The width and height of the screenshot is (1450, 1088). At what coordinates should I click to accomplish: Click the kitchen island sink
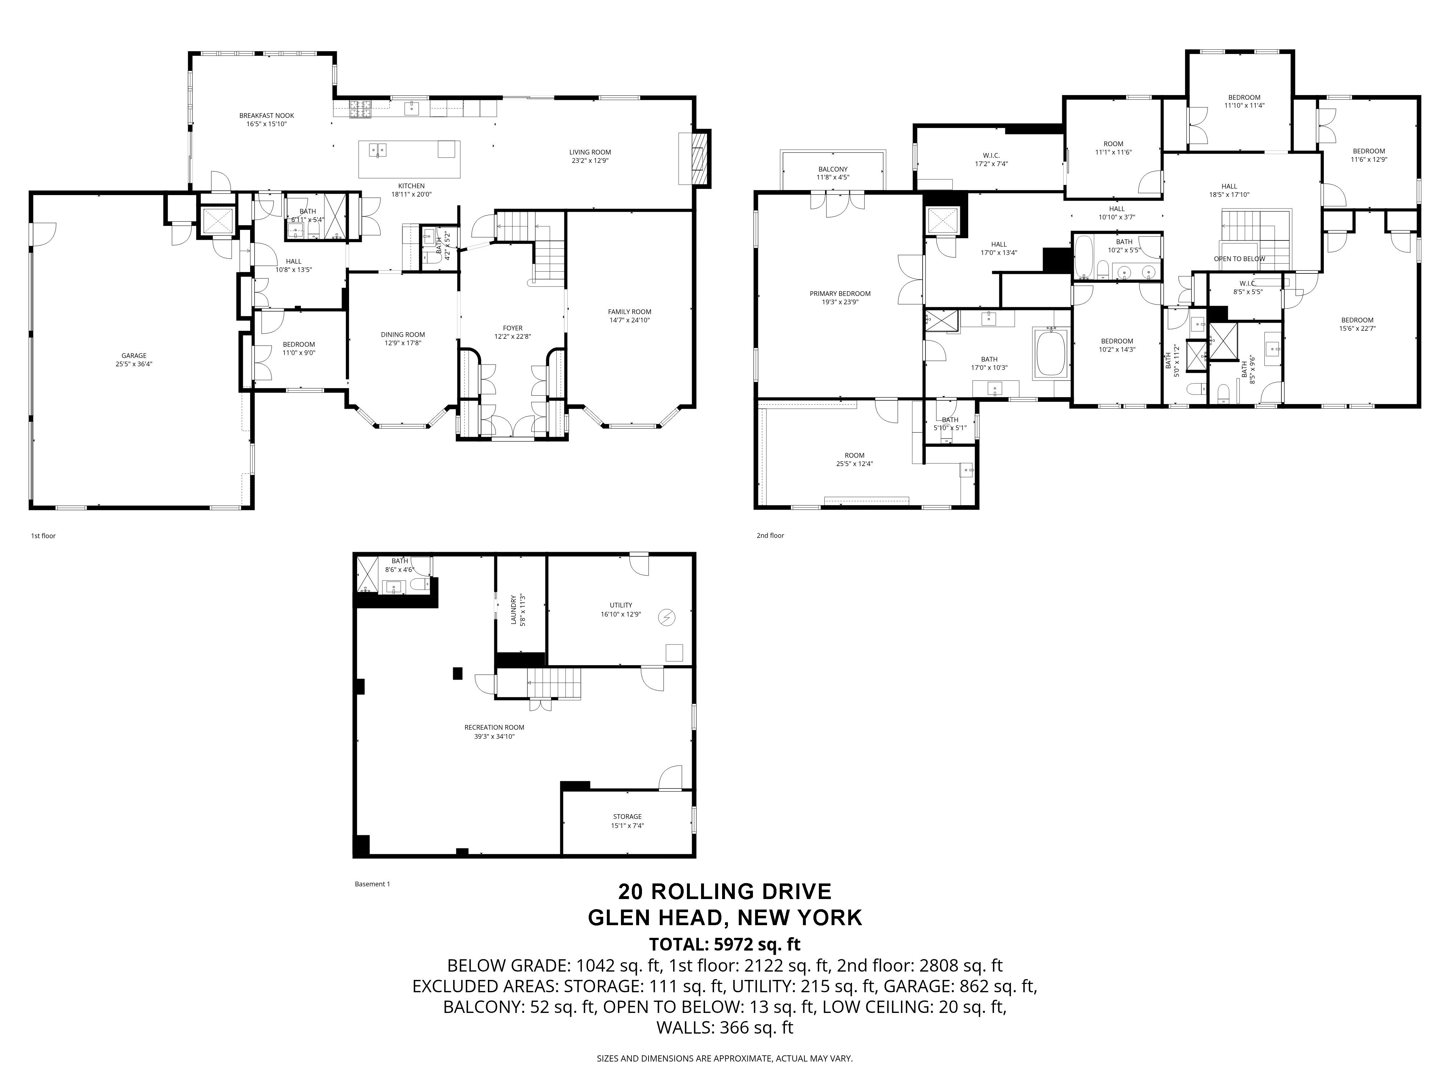(378, 150)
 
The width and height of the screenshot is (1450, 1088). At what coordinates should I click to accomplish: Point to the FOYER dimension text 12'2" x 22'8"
(513, 337)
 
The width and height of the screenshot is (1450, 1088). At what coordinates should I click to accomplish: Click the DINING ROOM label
(402, 334)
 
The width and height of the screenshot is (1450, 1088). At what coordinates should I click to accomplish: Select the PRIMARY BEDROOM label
(840, 294)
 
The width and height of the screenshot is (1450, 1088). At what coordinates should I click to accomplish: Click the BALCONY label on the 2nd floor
(833, 169)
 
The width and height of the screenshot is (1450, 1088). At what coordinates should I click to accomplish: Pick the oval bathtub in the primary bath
(1051, 354)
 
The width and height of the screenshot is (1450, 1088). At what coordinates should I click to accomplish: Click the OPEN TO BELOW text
(1239, 259)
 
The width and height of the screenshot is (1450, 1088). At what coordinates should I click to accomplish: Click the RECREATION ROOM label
(494, 727)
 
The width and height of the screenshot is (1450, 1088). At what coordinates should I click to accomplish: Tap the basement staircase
(554, 683)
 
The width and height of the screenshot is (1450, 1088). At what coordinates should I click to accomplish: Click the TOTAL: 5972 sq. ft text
(724, 944)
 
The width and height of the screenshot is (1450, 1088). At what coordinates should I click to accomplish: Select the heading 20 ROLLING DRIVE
(724, 892)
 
